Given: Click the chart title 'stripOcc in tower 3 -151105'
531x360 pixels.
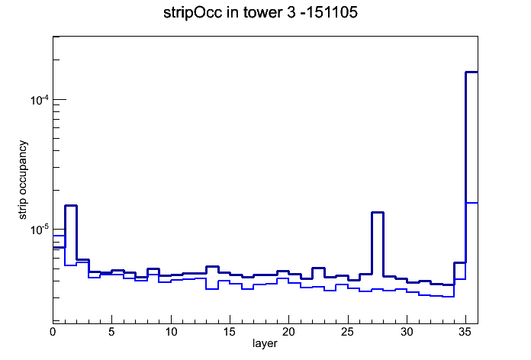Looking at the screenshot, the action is [260, 13].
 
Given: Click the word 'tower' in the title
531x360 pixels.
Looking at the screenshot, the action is [260, 13].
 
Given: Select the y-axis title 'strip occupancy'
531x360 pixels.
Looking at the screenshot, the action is [23, 180].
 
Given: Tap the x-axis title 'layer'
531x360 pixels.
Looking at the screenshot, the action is [265, 344].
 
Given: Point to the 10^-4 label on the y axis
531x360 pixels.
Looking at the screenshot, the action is [39, 100].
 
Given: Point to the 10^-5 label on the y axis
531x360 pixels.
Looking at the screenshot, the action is [39, 230].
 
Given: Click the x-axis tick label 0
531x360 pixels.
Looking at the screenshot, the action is [53, 332].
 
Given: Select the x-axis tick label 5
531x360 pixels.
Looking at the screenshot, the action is [111, 332].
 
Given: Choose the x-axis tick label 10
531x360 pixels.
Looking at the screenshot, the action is [171, 332].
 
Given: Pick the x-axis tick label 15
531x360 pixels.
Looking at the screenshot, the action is [230, 332].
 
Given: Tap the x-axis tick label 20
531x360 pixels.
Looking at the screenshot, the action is [288, 332].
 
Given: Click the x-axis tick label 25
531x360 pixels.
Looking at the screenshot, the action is [347, 332].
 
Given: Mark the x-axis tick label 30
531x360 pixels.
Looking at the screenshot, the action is [407, 332].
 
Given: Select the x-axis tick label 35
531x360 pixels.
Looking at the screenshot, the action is [465, 332].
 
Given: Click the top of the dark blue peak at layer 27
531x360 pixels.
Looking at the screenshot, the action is [377, 212].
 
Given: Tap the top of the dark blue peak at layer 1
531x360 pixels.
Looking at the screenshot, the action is [71, 206].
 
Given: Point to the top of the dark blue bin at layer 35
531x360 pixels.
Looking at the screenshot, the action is [471, 72].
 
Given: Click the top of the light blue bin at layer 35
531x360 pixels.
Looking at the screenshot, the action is [471, 203].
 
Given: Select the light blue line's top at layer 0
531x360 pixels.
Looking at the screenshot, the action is [59, 236].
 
